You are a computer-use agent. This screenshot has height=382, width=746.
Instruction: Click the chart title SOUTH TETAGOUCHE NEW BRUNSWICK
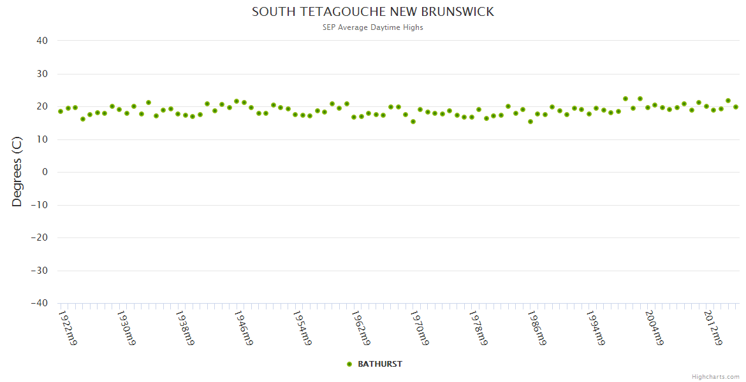[373, 12]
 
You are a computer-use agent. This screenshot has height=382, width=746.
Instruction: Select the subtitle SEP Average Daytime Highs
[373, 27]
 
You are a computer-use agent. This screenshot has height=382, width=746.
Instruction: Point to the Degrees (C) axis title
[17, 172]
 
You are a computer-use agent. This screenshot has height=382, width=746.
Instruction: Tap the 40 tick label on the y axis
[42, 41]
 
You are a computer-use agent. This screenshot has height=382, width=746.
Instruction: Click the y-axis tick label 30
[42, 74]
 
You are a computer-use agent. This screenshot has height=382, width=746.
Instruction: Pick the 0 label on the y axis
[45, 172]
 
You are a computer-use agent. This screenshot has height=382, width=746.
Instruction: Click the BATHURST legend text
[380, 364]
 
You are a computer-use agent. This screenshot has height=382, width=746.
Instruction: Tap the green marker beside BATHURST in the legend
[349, 364]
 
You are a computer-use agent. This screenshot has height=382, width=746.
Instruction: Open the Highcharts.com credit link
[715, 377]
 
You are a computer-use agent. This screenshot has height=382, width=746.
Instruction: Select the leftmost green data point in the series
[61, 111]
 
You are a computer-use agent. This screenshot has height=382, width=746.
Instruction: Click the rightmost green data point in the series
[735, 107]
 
